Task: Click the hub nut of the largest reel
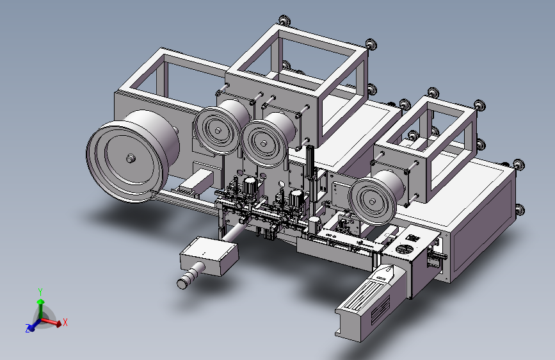pyautogui.click(x=131, y=158)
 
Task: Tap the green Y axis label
pyautogui.click(x=40, y=292)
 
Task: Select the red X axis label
pyautogui.click(x=65, y=322)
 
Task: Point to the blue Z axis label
pyautogui.click(x=28, y=329)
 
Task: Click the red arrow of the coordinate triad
pyautogui.click(x=51, y=322)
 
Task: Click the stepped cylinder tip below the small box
pyautogui.click(x=190, y=276)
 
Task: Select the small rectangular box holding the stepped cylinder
pyautogui.click(x=209, y=256)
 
